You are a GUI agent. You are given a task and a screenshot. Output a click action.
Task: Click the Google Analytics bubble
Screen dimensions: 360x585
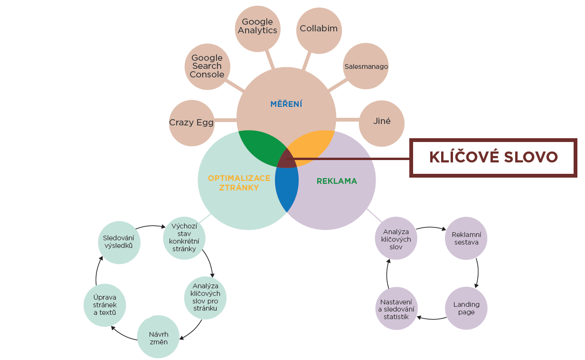click(x=257, y=27)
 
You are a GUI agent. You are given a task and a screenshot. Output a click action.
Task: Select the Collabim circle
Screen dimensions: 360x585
click(x=319, y=29)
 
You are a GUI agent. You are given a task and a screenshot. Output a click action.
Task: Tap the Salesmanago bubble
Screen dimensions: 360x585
click(x=366, y=66)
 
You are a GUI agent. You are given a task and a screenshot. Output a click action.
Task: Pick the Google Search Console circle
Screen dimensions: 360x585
click(x=207, y=66)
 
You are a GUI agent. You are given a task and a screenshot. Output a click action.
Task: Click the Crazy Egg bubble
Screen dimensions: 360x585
click(x=191, y=123)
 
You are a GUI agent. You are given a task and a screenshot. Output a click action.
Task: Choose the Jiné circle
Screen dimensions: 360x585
click(x=382, y=122)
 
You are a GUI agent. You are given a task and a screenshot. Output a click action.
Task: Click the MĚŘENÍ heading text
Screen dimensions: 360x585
click(x=286, y=104)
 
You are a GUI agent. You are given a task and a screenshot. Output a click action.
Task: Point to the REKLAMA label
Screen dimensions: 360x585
click(x=337, y=181)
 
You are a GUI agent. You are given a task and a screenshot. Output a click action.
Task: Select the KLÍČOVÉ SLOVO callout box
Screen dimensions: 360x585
click(x=493, y=158)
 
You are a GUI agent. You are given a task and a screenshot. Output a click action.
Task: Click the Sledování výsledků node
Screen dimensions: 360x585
click(x=118, y=242)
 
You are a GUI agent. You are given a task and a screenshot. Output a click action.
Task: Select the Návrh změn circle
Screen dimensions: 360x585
click(x=159, y=338)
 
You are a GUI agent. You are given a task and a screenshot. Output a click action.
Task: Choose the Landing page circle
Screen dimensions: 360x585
click(x=466, y=308)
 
